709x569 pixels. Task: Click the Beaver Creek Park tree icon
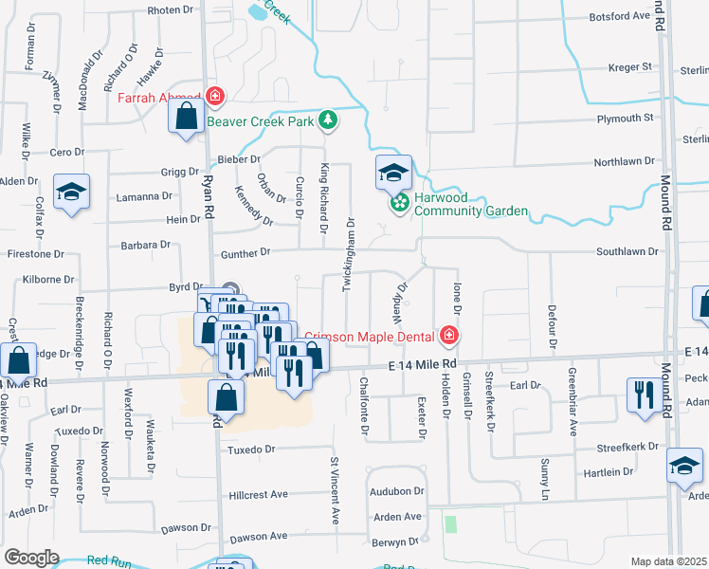coord(328,120)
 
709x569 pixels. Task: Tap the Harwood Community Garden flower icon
coord(400,203)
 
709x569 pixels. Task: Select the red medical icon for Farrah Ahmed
coord(215,97)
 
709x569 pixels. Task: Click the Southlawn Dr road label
coord(627,251)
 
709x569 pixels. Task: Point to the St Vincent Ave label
coord(335,489)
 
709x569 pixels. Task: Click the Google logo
coord(31,558)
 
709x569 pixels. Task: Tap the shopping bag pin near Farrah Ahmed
coord(187,117)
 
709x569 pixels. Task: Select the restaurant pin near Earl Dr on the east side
coord(645,394)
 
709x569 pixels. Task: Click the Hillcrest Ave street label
coord(259,495)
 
